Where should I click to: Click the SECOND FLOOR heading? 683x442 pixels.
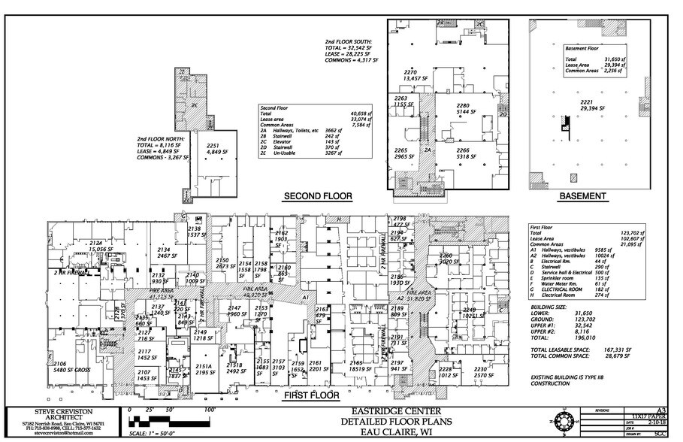(x=316, y=196)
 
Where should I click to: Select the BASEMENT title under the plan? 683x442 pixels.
(x=582, y=196)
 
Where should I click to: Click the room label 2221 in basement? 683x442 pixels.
(x=587, y=104)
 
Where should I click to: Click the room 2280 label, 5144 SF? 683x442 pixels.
(x=462, y=109)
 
